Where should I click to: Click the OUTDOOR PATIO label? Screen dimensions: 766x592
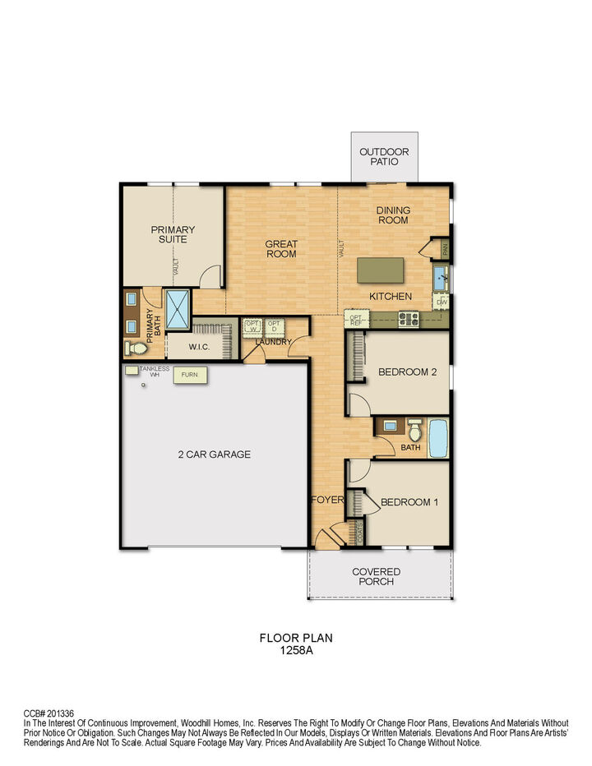384,157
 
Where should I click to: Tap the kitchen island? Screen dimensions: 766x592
380,270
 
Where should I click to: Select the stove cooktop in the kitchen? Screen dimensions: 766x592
409,317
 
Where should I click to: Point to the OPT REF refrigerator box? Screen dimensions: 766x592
356,319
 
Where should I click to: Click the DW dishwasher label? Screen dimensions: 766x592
442,302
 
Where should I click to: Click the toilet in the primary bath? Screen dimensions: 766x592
135,348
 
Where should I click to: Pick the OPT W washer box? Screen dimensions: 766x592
252,327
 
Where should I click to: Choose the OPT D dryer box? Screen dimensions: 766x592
274,327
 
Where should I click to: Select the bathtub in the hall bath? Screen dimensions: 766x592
437,436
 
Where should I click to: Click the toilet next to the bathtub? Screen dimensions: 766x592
414,430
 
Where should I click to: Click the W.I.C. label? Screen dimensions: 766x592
199,348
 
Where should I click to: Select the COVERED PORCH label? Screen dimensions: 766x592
376,576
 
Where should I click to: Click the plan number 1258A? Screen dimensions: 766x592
296,649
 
